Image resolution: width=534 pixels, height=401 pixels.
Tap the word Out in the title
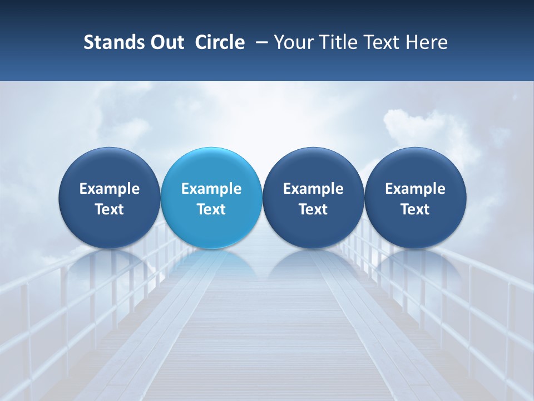tap(166, 42)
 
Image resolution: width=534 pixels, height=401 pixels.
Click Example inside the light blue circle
tap(211, 189)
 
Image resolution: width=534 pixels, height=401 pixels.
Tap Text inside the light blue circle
tap(211, 209)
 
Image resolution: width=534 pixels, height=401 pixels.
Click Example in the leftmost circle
tap(110, 189)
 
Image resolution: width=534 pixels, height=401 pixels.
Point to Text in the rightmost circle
tap(416, 209)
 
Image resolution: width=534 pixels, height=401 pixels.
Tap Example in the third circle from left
tap(313, 189)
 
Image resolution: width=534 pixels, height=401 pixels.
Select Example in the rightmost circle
tap(416, 189)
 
